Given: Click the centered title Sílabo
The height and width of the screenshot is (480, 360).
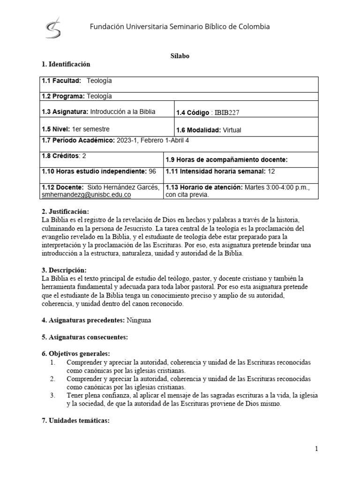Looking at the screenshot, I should (x=180, y=55).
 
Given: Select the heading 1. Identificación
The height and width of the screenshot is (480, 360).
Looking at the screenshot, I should (x=66, y=64).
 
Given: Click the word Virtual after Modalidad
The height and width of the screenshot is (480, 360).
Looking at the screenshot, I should (x=232, y=130).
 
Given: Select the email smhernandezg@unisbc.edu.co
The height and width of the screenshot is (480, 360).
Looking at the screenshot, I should (x=86, y=194).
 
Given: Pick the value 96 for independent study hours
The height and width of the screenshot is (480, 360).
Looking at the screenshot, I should (x=152, y=172).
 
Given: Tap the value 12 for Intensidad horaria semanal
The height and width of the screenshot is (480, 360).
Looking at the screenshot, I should (x=272, y=172).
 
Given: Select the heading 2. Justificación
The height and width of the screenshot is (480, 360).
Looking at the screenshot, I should (x=65, y=212).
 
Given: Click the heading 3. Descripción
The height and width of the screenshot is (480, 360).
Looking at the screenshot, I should (x=64, y=270).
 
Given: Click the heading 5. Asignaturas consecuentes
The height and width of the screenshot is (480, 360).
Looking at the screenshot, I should (x=85, y=337).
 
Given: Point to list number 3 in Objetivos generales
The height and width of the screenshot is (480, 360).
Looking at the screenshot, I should (x=52, y=396).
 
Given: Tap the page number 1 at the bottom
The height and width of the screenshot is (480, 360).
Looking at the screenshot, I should (x=316, y=449).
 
